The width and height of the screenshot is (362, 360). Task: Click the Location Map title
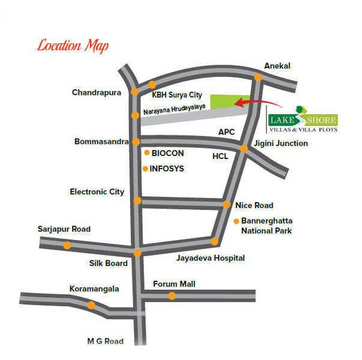pyautogui.click(x=73, y=46)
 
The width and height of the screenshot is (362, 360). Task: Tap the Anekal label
pyautogui.click(x=277, y=66)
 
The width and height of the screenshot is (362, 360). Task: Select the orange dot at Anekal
pyautogui.click(x=258, y=77)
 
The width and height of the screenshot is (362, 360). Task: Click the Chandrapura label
pyautogui.click(x=97, y=92)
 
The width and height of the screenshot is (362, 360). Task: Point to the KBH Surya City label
pyautogui.click(x=177, y=95)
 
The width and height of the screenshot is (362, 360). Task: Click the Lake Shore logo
pyautogui.click(x=302, y=119)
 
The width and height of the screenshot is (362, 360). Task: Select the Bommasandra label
pyautogui.click(x=101, y=142)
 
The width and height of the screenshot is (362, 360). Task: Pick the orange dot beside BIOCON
pyautogui.click(x=146, y=153)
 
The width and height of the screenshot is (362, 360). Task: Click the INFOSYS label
pyautogui.click(x=166, y=169)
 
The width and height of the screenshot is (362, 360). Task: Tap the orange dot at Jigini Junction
pyautogui.click(x=244, y=149)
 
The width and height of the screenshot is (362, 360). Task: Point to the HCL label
pyautogui.click(x=220, y=155)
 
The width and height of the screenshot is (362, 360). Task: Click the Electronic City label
pyautogui.click(x=97, y=192)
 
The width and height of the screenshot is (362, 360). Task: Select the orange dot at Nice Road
pyautogui.click(x=226, y=205)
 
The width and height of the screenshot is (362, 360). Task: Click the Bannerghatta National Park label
pyautogui.click(x=267, y=225)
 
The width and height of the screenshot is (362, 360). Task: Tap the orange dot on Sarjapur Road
pyautogui.click(x=67, y=245)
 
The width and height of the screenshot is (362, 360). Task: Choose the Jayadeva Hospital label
pyautogui.click(x=211, y=258)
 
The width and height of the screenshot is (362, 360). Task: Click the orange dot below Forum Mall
pyautogui.click(x=172, y=296)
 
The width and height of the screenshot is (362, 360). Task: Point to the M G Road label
pyautogui.click(x=105, y=341)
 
